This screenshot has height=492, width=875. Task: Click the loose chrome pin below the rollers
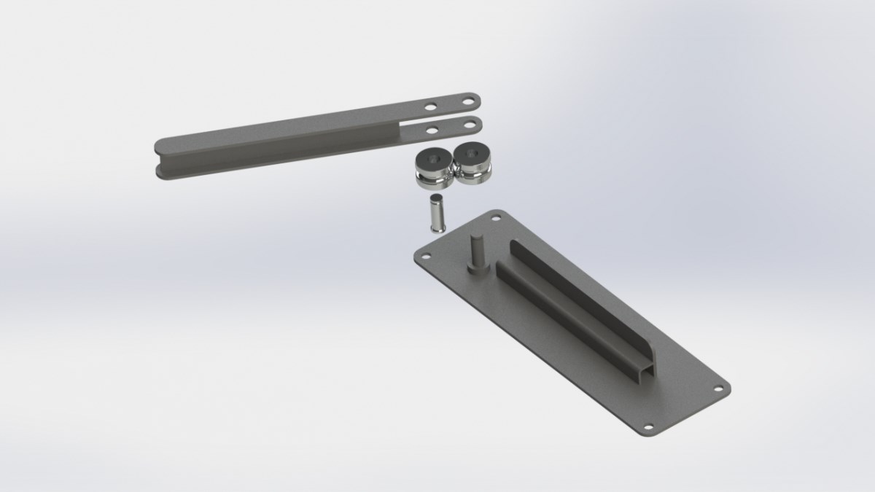click(435, 214)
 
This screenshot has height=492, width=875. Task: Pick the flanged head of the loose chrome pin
click(436, 228)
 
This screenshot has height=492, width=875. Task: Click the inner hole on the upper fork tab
click(432, 107)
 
